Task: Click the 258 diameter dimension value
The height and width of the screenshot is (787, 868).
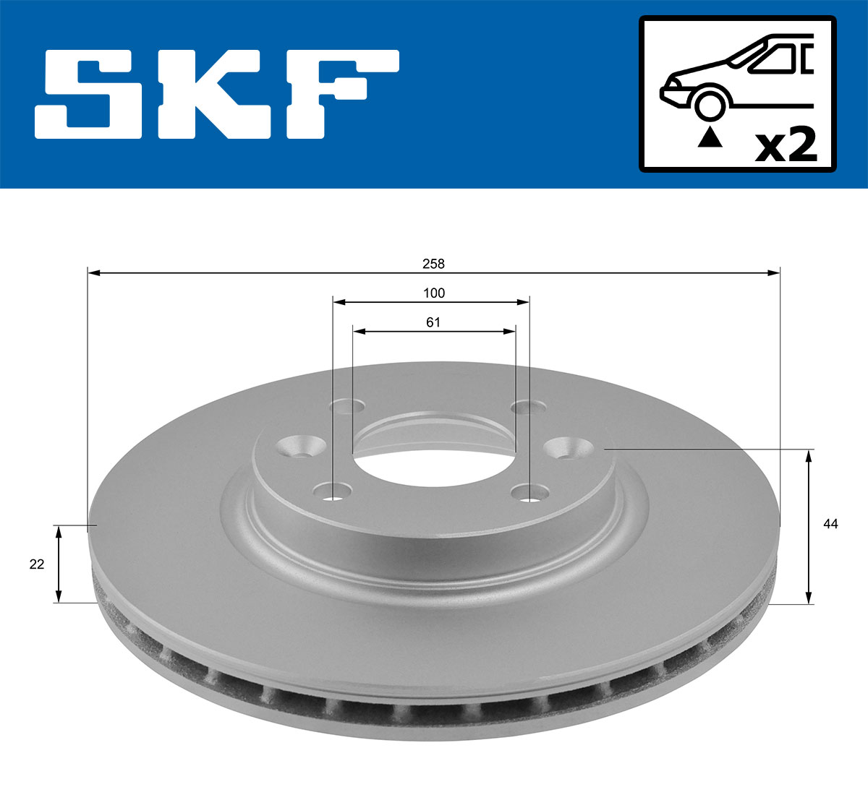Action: point(433,264)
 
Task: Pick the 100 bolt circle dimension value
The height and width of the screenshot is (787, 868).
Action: point(434,293)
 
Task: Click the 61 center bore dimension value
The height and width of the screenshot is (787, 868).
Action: point(433,322)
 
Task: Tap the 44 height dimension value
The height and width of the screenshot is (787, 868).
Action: point(830,524)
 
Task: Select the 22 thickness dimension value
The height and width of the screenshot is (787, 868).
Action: point(37,564)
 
